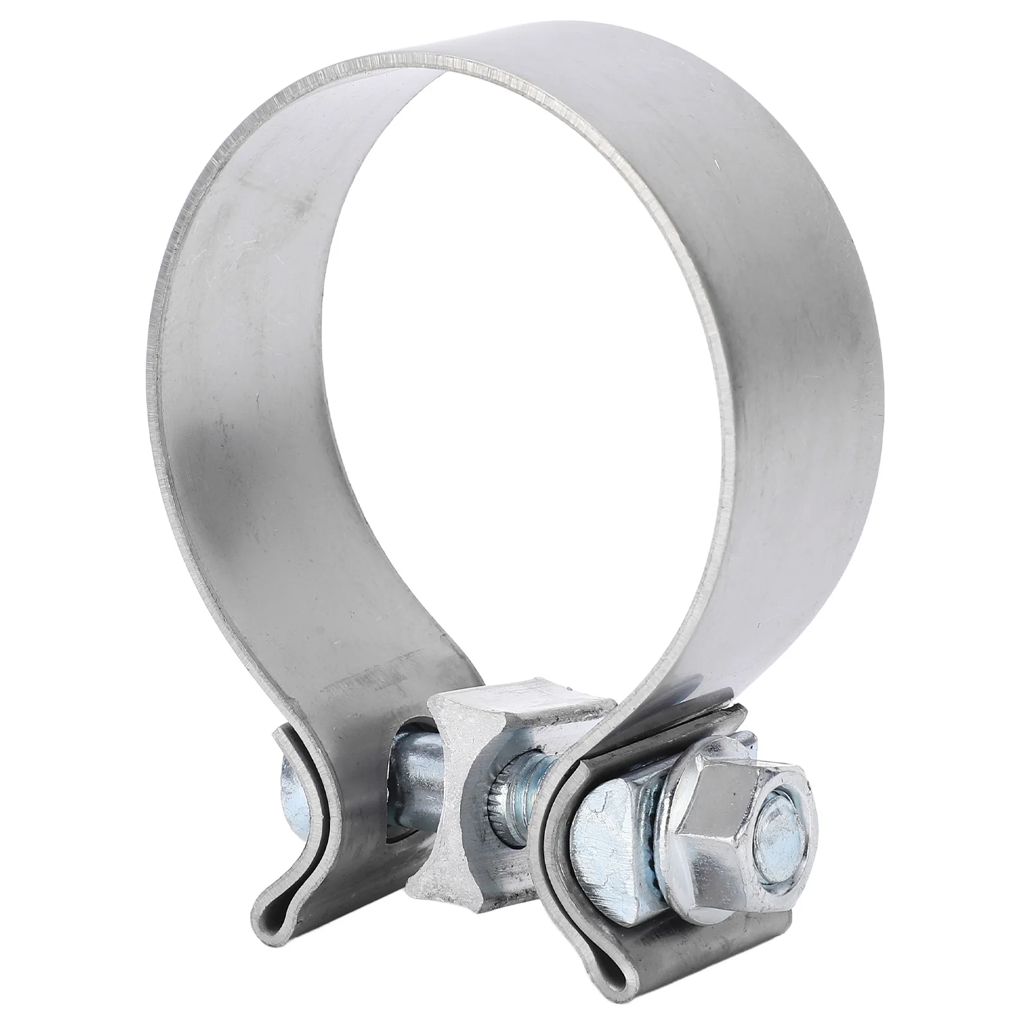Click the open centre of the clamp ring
[515, 386]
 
